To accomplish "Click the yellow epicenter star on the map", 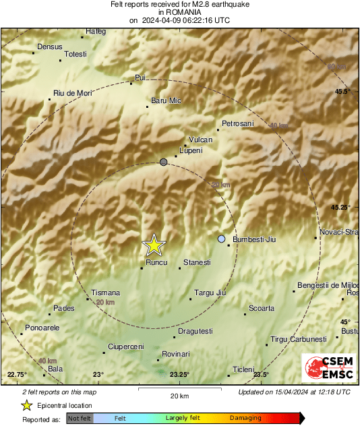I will click(x=154, y=245).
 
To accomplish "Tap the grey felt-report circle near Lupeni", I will click(x=164, y=162).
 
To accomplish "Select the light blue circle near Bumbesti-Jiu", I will click(x=222, y=239).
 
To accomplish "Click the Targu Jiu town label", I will click(x=209, y=293).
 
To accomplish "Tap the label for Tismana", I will click(x=106, y=293).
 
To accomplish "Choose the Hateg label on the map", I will click(x=96, y=31).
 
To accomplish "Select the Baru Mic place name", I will click(x=166, y=100).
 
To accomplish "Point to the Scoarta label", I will click(x=262, y=308).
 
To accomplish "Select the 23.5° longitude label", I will click(x=261, y=375).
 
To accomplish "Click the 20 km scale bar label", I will click(x=179, y=395).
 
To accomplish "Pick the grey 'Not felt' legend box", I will click(x=80, y=419).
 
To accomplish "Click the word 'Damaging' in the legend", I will click(x=245, y=419).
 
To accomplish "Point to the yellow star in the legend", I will click(x=26, y=405).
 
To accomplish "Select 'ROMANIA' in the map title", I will click(x=179, y=12).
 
